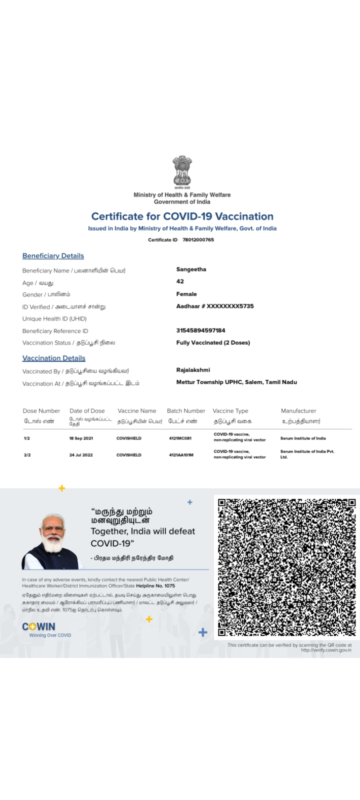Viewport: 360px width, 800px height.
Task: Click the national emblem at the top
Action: [182, 171]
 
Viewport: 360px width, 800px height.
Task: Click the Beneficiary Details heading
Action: [53, 256]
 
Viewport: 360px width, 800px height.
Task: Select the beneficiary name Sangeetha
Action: [191, 269]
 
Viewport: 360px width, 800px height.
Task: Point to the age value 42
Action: [180, 281]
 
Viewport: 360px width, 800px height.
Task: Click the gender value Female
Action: [186, 294]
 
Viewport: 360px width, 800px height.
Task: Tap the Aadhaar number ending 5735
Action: [215, 306]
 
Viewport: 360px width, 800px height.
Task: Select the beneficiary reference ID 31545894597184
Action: [200, 330]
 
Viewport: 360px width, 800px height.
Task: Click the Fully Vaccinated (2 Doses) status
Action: [213, 342]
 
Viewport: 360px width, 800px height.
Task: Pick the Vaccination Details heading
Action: [54, 358]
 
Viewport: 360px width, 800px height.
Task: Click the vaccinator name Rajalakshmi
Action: [193, 370]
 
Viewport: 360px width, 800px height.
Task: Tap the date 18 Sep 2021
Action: [81, 438]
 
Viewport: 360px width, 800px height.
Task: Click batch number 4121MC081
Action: [180, 438]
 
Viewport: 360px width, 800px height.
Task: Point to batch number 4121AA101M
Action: [181, 455]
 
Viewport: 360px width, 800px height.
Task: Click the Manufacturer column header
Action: [298, 411]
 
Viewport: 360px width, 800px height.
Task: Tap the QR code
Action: [287, 567]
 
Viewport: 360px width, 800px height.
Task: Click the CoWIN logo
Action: [39, 627]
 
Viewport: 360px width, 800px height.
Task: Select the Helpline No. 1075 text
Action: [155, 586]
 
